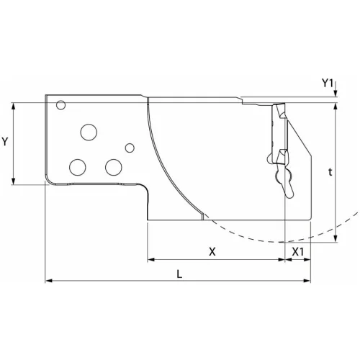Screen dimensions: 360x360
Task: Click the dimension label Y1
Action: [328, 84]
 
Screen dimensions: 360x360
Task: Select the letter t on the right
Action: [330, 173]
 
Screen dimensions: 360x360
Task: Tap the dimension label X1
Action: [298, 251]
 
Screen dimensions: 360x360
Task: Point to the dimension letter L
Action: [179, 274]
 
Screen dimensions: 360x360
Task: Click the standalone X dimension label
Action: [212, 251]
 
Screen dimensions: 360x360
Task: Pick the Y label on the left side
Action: [6, 142]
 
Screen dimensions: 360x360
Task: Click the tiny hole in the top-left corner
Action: [61, 105]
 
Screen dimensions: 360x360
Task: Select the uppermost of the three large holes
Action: [89, 132]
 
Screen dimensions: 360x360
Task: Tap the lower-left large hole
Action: [76, 167]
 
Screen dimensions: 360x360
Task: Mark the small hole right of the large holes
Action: [130, 148]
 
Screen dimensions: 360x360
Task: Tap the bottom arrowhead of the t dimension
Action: [336, 240]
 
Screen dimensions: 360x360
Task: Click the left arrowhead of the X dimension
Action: [150, 259]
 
